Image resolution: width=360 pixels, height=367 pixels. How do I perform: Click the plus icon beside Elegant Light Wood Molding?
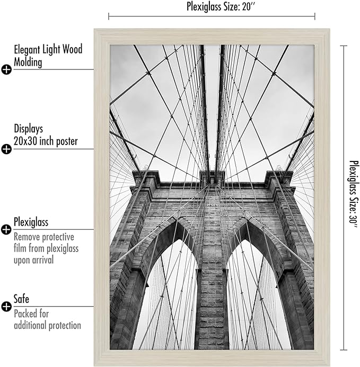click(x=6, y=69)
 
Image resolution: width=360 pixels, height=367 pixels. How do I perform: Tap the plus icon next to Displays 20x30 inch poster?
click(x=6, y=149)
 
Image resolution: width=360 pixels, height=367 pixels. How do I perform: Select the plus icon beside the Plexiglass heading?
click(x=6, y=230)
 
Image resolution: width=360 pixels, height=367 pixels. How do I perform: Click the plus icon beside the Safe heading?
click(x=6, y=307)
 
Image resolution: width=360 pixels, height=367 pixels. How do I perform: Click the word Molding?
click(x=28, y=62)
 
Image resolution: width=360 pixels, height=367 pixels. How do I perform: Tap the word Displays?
click(x=28, y=129)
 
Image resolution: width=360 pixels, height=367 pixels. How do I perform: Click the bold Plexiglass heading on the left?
click(x=31, y=222)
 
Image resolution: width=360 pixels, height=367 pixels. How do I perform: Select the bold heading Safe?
click(x=21, y=299)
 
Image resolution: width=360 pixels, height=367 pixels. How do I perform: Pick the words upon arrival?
click(x=34, y=260)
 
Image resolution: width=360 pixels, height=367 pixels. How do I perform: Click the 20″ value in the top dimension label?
click(x=249, y=6)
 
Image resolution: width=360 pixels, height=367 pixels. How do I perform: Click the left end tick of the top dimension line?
click(x=109, y=16)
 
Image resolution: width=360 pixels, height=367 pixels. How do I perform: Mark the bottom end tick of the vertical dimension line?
click(x=344, y=350)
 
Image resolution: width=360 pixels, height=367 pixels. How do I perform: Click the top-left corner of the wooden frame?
click(x=94, y=29)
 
